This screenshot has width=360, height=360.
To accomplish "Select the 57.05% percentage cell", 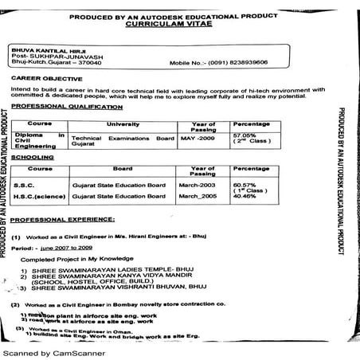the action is point(242,135).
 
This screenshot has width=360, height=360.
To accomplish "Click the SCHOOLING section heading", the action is point(33,158).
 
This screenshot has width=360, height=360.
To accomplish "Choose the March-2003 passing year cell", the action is point(198,184).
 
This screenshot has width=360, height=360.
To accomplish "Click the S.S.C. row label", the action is point(25,184).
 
